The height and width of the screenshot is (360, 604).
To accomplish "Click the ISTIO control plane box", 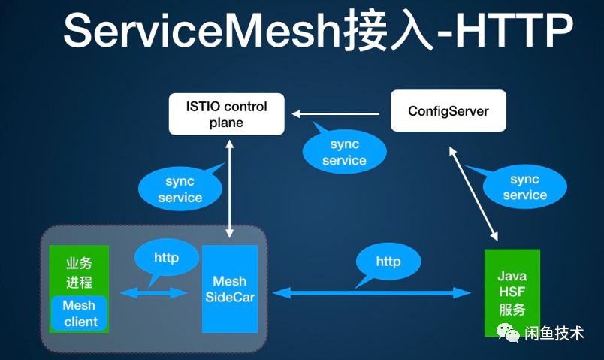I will pos(226,113).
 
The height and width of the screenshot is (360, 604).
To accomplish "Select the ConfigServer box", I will pos(448,111).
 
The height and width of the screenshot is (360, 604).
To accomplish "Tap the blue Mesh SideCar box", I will pos(230,289).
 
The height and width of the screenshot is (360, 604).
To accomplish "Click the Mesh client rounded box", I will pos(80,313).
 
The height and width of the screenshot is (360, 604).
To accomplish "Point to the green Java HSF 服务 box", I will pos(512,292).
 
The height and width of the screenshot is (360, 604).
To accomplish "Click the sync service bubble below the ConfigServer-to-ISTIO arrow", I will pos(343,153).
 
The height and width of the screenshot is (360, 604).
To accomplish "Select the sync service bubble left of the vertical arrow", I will pos(180,189).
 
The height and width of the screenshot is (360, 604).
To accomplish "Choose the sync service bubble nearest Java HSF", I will pos(524,187).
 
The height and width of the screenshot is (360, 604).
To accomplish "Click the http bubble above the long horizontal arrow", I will pos(388,262).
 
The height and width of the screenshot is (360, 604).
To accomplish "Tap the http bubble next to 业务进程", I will pos(166,258).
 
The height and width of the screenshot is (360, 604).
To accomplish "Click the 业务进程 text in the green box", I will pos(79,272).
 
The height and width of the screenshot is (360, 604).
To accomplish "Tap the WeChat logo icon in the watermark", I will pos(510,332).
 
